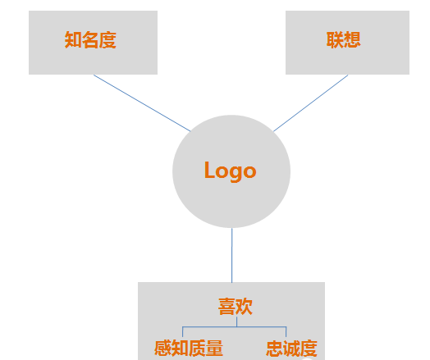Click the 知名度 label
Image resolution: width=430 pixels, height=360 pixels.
[90, 40]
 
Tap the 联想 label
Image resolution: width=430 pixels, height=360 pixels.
[343, 40]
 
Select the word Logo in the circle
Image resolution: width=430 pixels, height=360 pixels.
[231, 171]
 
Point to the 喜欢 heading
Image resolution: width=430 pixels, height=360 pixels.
[236, 307]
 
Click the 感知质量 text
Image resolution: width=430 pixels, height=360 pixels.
[189, 349]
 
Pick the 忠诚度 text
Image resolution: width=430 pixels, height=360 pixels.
[291, 349]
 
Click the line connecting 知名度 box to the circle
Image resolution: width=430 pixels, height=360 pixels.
[142, 103]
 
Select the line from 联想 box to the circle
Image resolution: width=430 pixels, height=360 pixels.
[311, 103]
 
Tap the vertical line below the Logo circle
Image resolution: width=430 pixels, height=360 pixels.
[232, 255]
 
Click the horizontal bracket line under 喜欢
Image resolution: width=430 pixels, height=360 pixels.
[235, 326]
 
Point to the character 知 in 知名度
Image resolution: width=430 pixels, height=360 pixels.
[73, 40]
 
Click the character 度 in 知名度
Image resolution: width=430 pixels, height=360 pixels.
[107, 40]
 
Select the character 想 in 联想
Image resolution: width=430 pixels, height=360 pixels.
[352, 40]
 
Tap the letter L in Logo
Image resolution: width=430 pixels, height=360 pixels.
[209, 170]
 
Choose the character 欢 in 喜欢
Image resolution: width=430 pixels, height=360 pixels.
[244, 307]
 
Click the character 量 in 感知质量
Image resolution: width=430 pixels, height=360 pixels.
[214, 349]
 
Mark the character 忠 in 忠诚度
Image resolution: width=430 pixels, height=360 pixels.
[275, 349]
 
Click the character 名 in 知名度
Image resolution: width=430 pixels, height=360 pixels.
[90, 40]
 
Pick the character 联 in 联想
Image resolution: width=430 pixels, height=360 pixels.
[335, 40]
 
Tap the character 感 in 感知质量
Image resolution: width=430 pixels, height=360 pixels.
[162, 349]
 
